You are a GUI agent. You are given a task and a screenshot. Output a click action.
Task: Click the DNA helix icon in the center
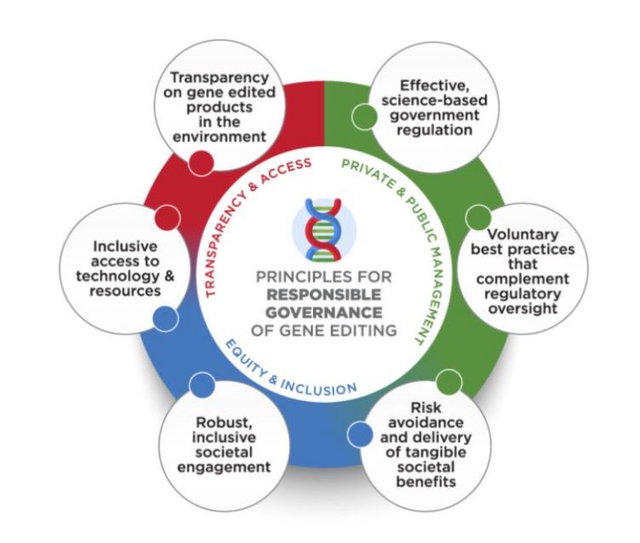(323, 230)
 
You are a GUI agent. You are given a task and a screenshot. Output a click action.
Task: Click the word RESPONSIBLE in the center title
(323, 295)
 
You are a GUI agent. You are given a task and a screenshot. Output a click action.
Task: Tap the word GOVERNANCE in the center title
(323, 312)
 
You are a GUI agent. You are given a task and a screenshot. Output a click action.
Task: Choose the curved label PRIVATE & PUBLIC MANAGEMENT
(408, 236)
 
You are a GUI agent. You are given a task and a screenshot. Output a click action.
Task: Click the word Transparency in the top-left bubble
(219, 77)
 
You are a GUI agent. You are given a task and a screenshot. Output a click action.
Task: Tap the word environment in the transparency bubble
(219, 137)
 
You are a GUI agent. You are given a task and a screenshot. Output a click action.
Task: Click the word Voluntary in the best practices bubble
(523, 234)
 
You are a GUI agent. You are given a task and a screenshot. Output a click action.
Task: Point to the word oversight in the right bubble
(523, 308)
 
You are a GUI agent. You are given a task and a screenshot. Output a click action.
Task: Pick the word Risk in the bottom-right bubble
(426, 407)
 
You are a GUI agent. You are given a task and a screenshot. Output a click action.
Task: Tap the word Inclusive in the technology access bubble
(125, 246)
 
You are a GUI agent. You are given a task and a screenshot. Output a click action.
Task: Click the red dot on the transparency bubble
(201, 162)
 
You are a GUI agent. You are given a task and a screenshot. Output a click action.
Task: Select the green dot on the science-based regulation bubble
(364, 116)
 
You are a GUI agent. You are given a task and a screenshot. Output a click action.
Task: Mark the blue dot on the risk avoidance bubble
(360, 434)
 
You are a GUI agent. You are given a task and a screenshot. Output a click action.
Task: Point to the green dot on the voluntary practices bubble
(479, 218)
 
